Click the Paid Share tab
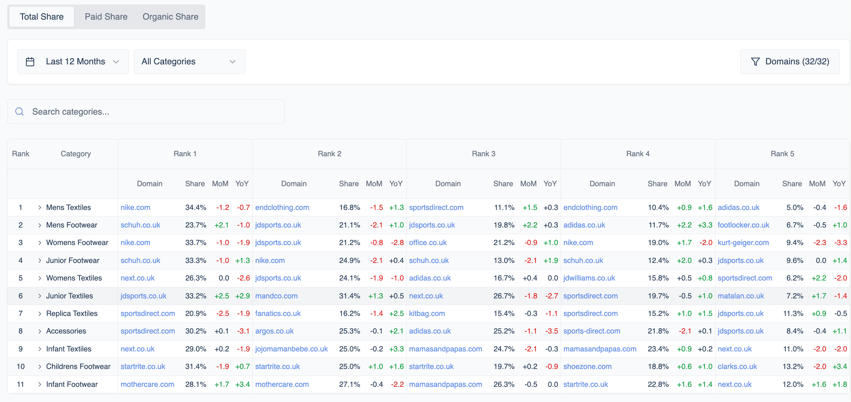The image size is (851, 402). (x=106, y=17)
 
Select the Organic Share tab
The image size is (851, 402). (x=170, y=17)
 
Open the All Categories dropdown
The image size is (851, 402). (x=189, y=62)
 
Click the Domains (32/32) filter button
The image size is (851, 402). (x=790, y=62)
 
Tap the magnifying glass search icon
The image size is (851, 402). (x=20, y=112)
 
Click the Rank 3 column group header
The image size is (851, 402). (x=483, y=154)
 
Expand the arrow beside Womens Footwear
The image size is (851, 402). (x=40, y=243)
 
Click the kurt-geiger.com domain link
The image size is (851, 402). (x=743, y=243)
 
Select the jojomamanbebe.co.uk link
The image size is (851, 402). (x=291, y=349)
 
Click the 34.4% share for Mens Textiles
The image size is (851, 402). (x=195, y=208)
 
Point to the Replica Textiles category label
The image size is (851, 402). (x=72, y=314)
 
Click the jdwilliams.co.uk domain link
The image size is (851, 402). (x=589, y=278)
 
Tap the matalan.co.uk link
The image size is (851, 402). (x=741, y=296)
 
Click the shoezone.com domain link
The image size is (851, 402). (x=587, y=367)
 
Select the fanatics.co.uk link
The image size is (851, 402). (x=278, y=314)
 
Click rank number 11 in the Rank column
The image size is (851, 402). (x=21, y=384)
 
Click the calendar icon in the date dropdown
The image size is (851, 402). (x=30, y=62)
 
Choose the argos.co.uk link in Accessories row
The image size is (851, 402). (x=274, y=331)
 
